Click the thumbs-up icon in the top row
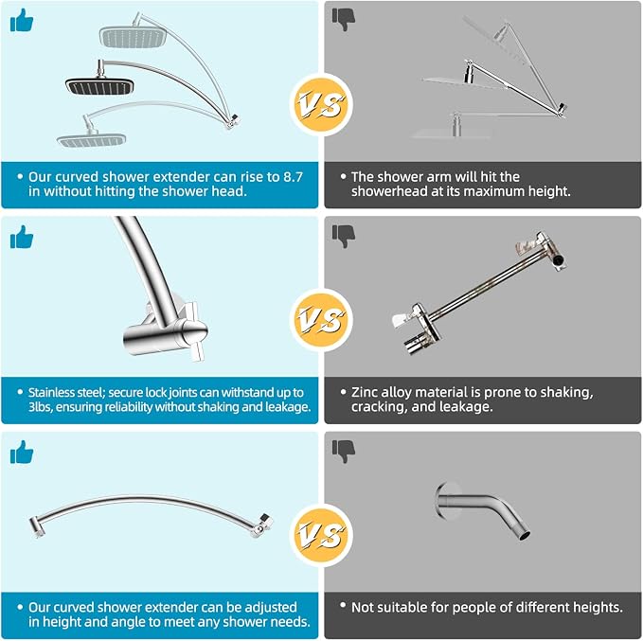(22, 21)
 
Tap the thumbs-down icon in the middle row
(344, 236)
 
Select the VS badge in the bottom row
(321, 535)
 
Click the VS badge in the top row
(321, 104)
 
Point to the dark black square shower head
(100, 86)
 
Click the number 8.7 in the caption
(294, 177)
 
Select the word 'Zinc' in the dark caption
(365, 393)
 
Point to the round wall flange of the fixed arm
(443, 501)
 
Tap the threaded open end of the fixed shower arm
(524, 534)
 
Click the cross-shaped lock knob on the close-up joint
(193, 330)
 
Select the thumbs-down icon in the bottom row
(344, 452)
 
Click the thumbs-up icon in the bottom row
(22, 452)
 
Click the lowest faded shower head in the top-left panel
(92, 140)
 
